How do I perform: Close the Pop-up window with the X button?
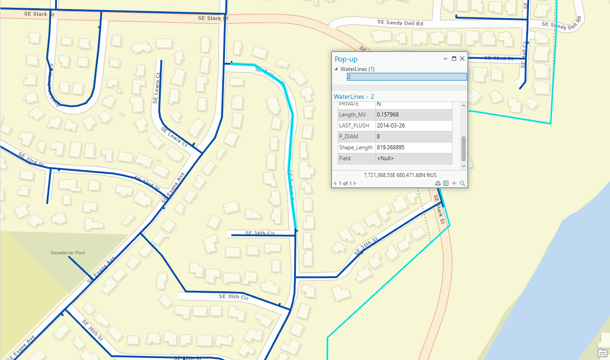click(462, 59)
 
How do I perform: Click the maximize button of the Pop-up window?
click(454, 59)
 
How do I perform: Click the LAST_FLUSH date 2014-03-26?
click(391, 126)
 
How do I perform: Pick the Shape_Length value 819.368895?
click(391, 147)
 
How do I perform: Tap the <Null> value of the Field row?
click(385, 158)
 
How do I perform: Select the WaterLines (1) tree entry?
click(357, 69)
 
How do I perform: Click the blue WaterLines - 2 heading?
click(354, 96)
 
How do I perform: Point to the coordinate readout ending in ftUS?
click(400, 175)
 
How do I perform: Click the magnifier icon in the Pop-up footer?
click(462, 183)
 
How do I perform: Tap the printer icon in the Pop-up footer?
click(438, 183)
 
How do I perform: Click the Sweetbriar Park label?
click(68, 253)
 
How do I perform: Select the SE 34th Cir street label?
click(260, 233)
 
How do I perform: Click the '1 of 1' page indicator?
click(345, 183)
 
